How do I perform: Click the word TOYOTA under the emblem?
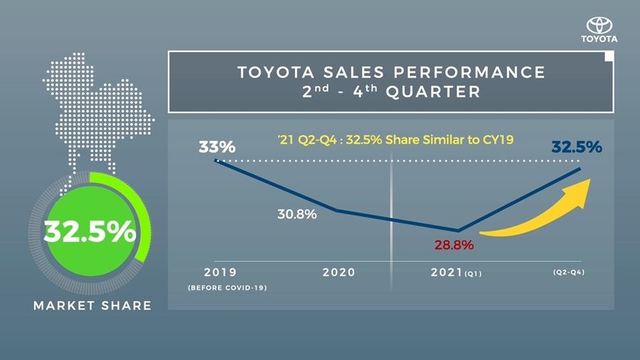(x=599, y=38)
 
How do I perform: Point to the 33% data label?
(x=216, y=148)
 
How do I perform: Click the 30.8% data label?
(x=297, y=213)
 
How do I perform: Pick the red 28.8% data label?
(x=454, y=245)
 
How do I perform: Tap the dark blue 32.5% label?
(x=577, y=147)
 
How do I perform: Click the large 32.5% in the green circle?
(x=90, y=232)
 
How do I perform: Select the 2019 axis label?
(x=220, y=272)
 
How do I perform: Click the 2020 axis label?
(x=338, y=272)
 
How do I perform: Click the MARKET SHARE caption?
(x=92, y=306)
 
